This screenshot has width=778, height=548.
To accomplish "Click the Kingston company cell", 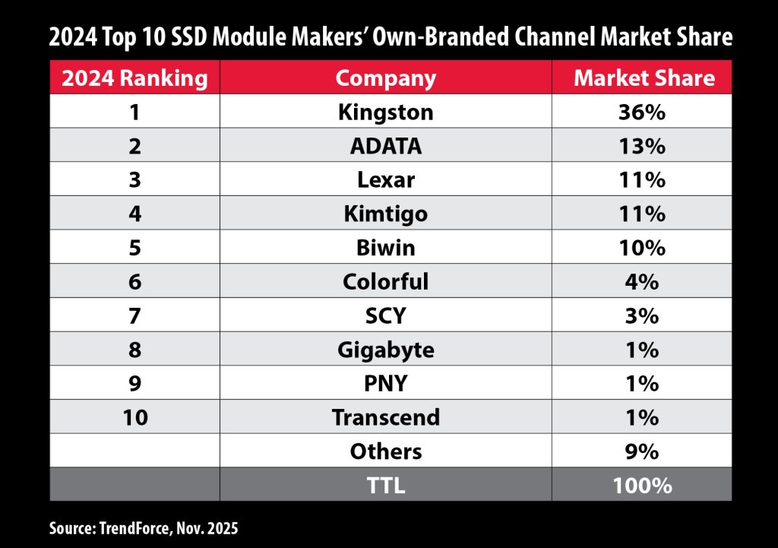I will [x=386, y=112].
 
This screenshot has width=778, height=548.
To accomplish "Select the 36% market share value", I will [x=642, y=112].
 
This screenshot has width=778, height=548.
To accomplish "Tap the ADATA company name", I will [x=386, y=146].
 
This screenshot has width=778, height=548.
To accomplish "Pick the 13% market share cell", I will [x=642, y=146].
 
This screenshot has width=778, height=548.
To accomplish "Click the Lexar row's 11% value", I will [x=642, y=180].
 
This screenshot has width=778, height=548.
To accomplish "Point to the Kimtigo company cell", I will [x=386, y=214].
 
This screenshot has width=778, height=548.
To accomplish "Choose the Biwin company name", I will [x=386, y=248].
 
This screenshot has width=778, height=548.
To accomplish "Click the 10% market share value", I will [x=642, y=248].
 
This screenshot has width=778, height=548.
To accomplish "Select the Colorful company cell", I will [x=386, y=282].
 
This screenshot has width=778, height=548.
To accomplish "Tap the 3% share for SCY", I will [x=642, y=316].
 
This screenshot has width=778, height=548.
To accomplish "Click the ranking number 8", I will [x=134, y=350].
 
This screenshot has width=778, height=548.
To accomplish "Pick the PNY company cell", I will [x=386, y=384].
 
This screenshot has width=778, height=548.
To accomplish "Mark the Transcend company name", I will [x=386, y=417].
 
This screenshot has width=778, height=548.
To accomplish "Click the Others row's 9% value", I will [x=642, y=451].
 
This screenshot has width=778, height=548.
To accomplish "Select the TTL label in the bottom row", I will [x=386, y=485].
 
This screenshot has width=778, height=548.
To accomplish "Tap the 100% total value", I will [x=642, y=485].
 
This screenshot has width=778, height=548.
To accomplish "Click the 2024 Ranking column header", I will [x=134, y=78].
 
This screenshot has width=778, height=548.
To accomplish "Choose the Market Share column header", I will [x=642, y=78].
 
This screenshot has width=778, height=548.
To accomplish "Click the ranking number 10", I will [x=134, y=417].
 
